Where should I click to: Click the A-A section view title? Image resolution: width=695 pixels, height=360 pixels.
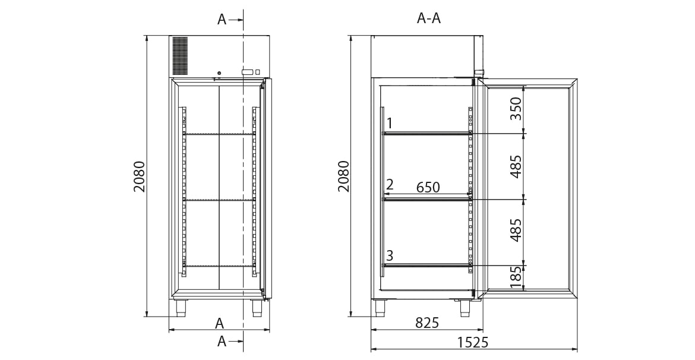coord(429,18)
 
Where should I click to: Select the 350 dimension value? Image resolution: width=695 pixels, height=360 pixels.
coord(516,109)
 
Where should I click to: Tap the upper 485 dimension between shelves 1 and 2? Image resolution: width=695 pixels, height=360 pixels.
coord(516,166)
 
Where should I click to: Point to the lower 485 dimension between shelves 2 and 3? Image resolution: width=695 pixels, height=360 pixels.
coord(516,230)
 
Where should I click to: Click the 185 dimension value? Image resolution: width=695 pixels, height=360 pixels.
coord(516,277)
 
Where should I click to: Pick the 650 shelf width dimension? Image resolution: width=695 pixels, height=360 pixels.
coord(428,187)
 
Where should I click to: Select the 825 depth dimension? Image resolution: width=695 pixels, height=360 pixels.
coord(427,323)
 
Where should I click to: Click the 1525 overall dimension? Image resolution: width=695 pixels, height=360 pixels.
coord(473,342)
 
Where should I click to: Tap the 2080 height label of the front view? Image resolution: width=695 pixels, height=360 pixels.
coord(140,176)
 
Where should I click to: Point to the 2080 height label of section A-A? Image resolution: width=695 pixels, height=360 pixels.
coord(344,176)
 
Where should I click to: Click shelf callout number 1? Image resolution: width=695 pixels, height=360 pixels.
coord(390,123)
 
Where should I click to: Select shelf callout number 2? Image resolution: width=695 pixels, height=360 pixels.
coord(390,184)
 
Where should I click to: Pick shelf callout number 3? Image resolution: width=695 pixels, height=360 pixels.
coord(390,255)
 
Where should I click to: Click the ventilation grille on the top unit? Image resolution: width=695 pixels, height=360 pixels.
coord(179,55)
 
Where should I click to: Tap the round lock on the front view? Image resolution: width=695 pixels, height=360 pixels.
coord(219,72)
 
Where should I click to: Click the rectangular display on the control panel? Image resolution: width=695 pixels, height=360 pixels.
coord(247,72)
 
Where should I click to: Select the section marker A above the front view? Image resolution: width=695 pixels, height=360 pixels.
coord(222,20)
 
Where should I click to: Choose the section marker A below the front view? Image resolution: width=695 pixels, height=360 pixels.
coord(222,341)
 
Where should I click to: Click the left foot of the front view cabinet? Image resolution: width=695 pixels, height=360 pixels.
coord(181,308)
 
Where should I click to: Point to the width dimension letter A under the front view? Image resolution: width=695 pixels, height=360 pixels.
coord(219,324)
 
